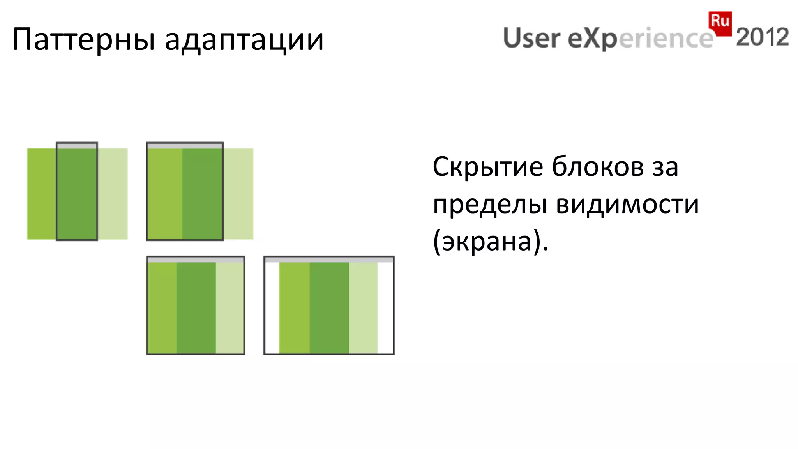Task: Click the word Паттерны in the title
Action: click(x=84, y=40)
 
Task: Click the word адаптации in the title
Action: click(x=244, y=40)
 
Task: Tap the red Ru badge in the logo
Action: click(x=720, y=21)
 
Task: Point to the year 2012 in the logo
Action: click(x=762, y=37)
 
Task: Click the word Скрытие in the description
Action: click(x=488, y=167)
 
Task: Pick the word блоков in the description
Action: click(x=598, y=167)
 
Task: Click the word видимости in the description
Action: click(x=627, y=204)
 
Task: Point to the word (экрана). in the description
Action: click(x=490, y=241)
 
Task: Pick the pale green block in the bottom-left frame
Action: click(x=230, y=308)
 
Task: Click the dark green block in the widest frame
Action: click(x=329, y=308)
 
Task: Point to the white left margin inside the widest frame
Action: click(x=272, y=308)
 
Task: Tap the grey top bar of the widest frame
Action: click(x=329, y=260)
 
